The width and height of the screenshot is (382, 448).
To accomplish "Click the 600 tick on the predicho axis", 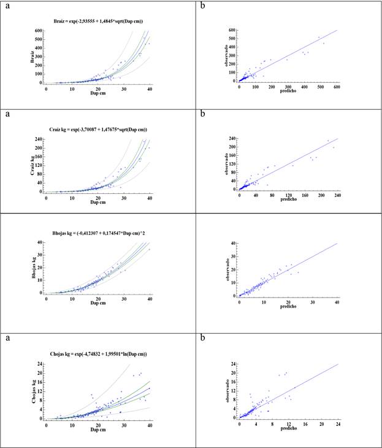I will point(337,88).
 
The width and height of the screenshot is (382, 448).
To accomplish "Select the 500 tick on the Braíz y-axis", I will point(38,39).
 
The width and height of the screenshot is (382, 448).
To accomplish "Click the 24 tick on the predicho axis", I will point(337,425).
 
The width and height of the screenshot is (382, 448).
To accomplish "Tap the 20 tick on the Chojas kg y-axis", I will point(39,373).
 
